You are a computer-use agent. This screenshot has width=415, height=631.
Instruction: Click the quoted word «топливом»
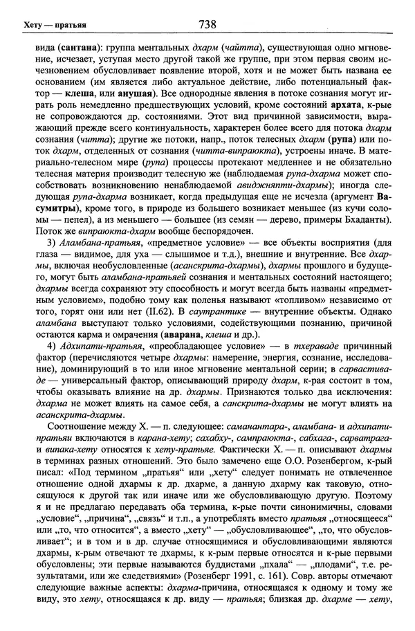coord(259,302)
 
